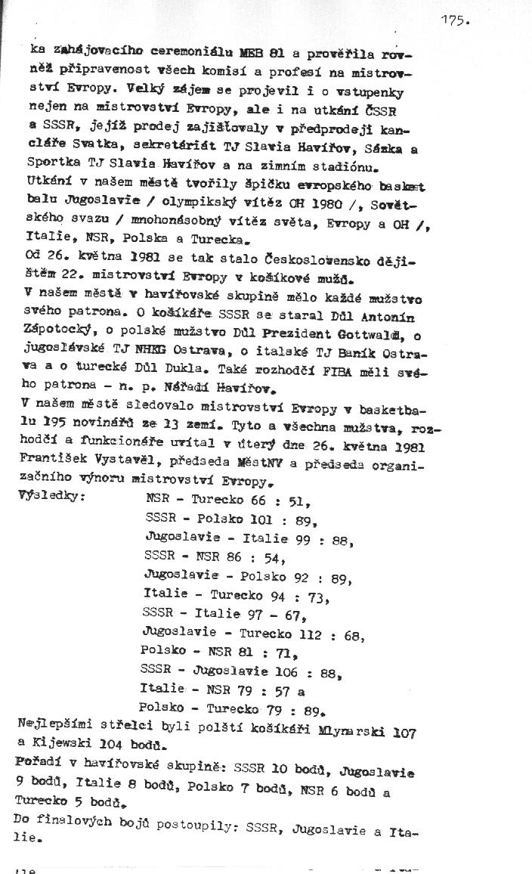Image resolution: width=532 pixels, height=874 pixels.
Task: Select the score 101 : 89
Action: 286,519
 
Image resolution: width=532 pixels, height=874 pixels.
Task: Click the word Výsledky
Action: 51,497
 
